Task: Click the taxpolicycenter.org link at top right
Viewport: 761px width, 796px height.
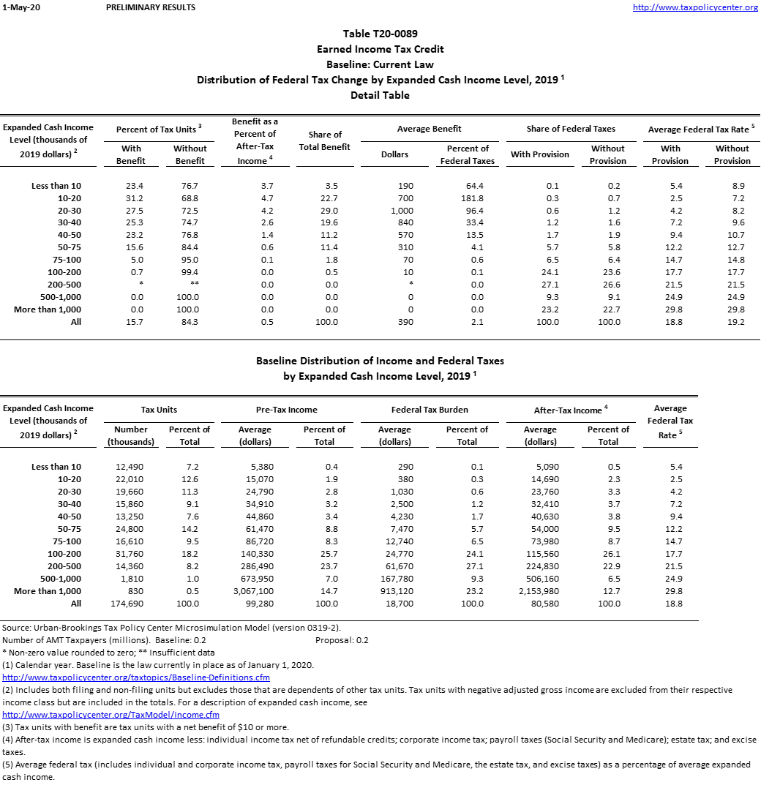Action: [695, 7]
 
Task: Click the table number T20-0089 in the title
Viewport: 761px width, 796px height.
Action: [380, 34]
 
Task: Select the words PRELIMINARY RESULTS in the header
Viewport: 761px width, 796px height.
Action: [151, 7]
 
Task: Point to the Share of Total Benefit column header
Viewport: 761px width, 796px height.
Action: [325, 140]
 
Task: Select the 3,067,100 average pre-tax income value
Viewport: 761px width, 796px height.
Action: [255, 591]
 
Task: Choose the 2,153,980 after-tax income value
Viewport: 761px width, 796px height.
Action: [540, 591]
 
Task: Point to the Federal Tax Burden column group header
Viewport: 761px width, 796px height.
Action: [430, 410]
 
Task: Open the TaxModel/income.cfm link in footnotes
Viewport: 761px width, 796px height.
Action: [111, 715]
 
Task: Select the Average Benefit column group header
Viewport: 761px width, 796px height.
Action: [430, 129]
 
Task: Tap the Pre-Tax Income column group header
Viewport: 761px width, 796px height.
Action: [288, 410]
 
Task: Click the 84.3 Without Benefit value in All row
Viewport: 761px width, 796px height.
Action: [190, 322]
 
